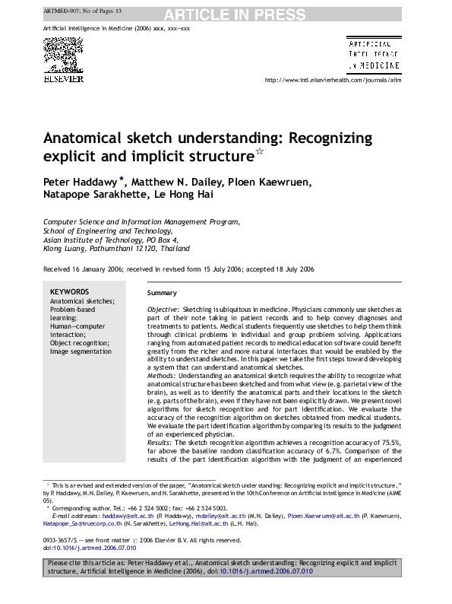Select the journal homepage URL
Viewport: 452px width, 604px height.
click(x=332, y=79)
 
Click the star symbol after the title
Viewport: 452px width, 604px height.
click(x=259, y=153)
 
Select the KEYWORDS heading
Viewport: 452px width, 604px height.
click(x=69, y=292)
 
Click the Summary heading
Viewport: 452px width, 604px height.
click(x=162, y=293)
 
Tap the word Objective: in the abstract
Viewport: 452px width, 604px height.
click(x=163, y=310)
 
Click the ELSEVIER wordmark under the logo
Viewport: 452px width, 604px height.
click(x=63, y=79)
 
